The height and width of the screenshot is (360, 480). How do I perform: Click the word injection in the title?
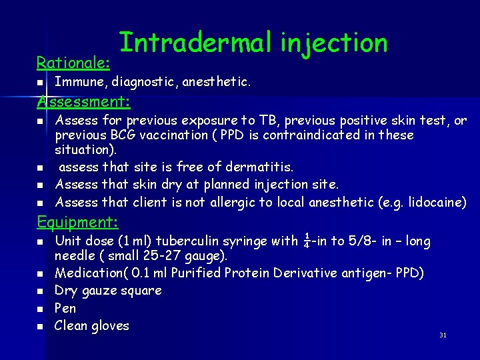(x=334, y=43)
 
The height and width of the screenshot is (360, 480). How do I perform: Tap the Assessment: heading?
(x=83, y=102)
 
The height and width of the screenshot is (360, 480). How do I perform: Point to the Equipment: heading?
(x=77, y=222)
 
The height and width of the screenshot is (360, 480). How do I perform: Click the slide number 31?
(x=443, y=335)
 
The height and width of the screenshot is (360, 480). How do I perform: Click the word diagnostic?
(x=143, y=82)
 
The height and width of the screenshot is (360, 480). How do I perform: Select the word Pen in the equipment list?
(x=65, y=308)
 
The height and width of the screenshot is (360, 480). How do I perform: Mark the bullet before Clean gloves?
(x=40, y=327)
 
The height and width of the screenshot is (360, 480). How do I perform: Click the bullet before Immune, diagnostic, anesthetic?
(x=40, y=83)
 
